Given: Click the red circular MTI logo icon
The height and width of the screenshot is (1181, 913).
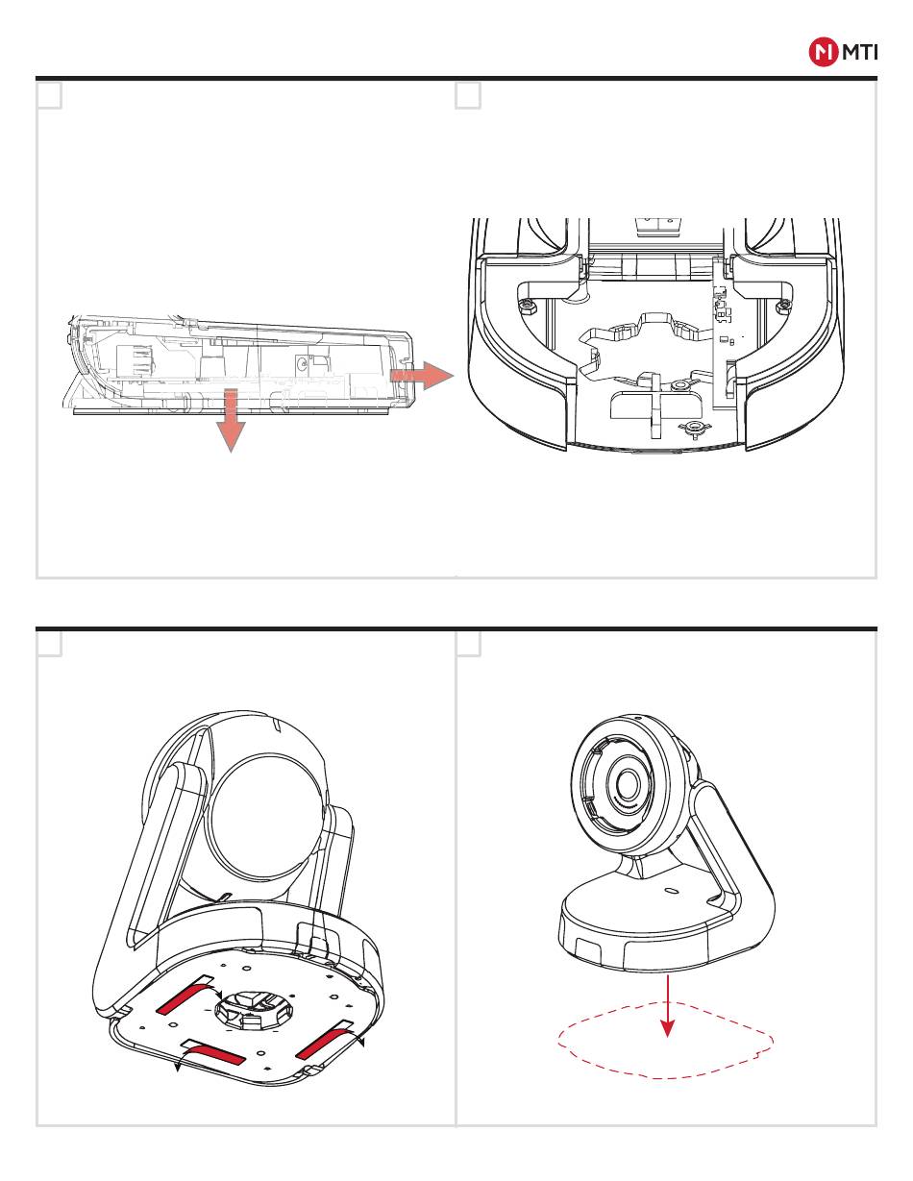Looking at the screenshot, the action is tap(823, 54).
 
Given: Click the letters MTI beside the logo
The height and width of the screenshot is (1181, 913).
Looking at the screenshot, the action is tap(858, 54).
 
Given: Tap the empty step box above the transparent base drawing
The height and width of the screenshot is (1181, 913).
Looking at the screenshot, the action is tap(50, 96).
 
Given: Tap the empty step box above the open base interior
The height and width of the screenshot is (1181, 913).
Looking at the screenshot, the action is tap(468, 96).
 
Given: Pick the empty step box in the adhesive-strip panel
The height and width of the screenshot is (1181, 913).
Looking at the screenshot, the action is tap(50, 644).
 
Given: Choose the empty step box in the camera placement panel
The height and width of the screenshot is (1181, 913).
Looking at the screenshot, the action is tap(468, 644).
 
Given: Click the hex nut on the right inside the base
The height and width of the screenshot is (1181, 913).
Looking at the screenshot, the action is tap(783, 306).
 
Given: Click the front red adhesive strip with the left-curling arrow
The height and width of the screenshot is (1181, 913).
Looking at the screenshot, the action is tap(222, 1056).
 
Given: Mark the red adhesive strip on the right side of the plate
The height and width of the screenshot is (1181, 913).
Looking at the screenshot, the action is tap(328, 1044).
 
